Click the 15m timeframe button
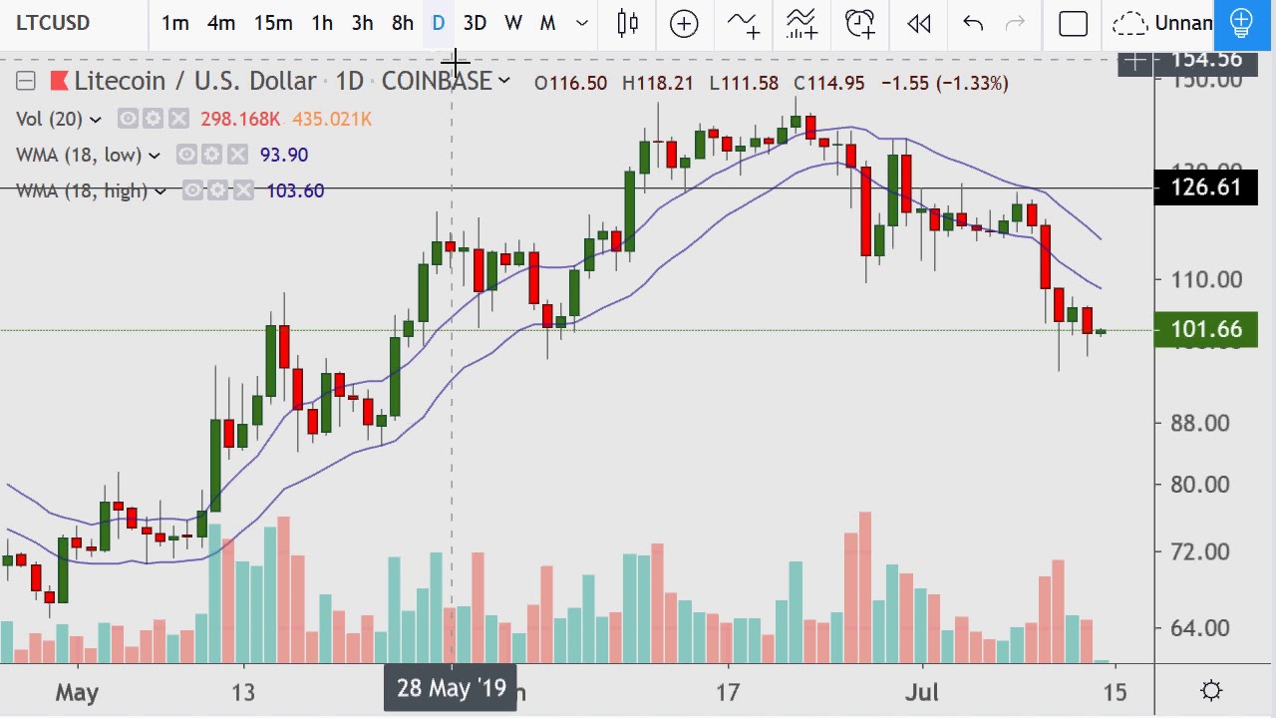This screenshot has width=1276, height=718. point(272,23)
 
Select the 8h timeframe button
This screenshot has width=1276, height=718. point(403,23)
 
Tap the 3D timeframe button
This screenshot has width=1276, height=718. point(475,23)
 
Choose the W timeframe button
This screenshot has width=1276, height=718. point(513,23)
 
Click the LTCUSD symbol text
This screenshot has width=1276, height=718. point(53,23)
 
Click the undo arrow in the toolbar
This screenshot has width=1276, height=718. point(973,23)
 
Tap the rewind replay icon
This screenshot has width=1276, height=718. point(919,23)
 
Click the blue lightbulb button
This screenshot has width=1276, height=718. point(1241,23)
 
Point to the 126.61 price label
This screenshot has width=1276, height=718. point(1205,187)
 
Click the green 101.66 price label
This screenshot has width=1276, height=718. point(1205,329)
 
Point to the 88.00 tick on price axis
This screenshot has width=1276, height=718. point(1201,423)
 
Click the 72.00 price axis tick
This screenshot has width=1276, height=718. point(1201,551)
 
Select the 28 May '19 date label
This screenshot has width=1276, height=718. point(451,688)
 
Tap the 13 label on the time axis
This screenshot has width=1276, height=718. point(243,692)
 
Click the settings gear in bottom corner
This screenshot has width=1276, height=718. point(1212,690)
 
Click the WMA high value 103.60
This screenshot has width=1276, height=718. point(295,190)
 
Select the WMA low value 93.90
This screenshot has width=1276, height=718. point(284,155)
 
